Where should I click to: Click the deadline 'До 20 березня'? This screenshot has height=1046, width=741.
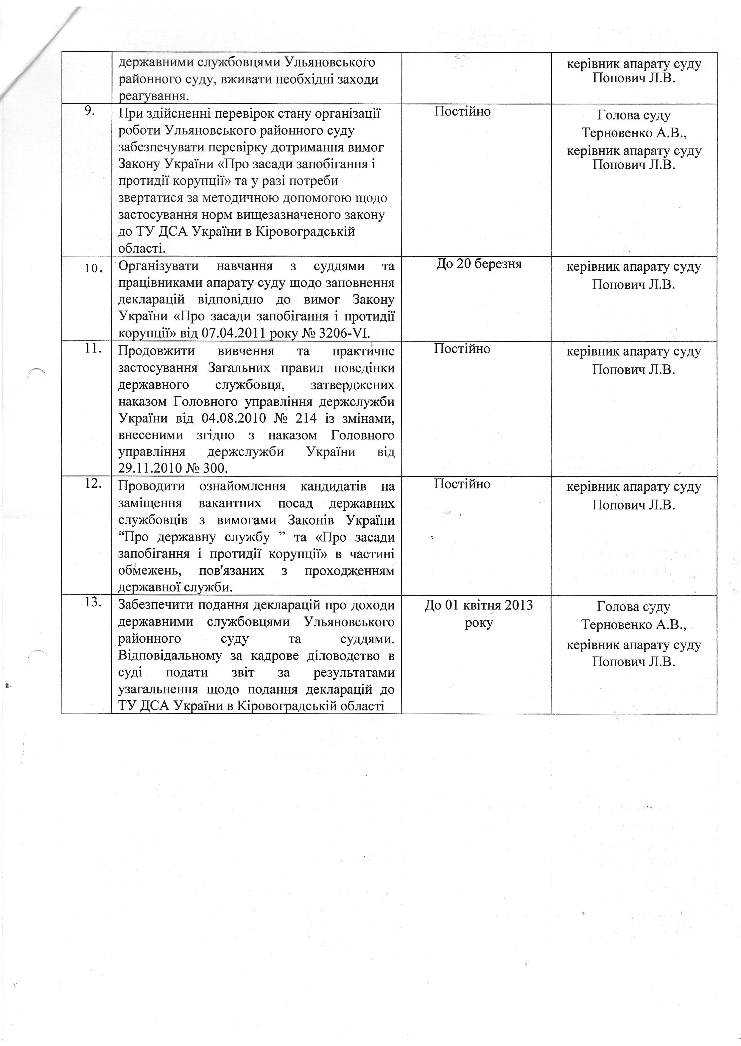[479, 264]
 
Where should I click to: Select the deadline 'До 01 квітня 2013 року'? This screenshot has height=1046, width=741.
[479, 614]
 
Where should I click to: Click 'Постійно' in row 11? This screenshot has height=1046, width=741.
[462, 349]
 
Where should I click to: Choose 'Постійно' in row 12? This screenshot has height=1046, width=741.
[462, 484]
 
